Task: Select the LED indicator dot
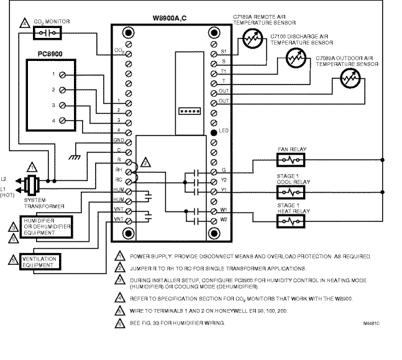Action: tap(214, 132)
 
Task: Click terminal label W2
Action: tap(223, 219)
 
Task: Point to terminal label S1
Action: tap(223, 50)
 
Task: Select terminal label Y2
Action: tap(223, 180)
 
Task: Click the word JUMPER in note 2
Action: tap(142, 268)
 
